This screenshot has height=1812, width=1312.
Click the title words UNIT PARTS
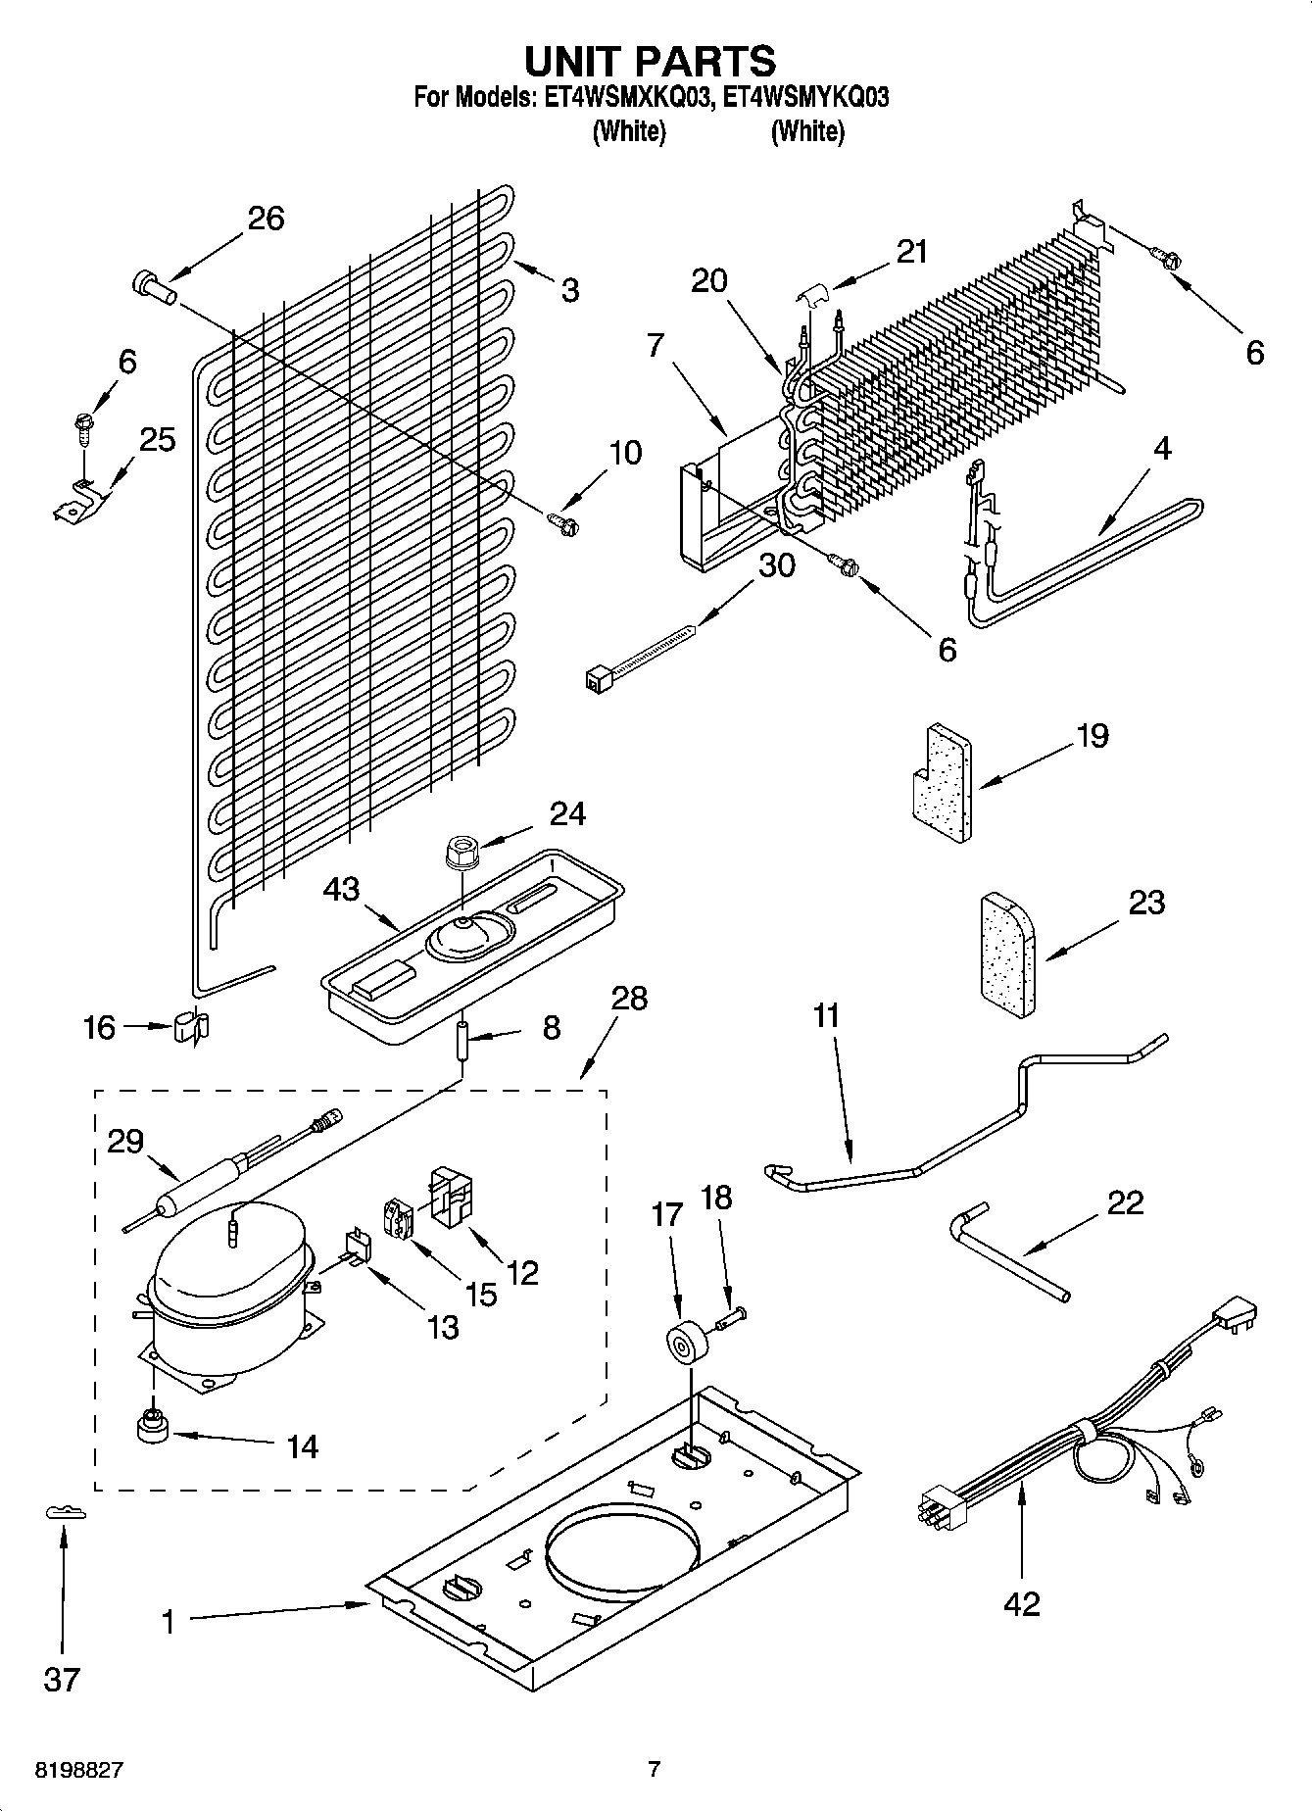651,61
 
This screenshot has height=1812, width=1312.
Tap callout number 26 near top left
266,218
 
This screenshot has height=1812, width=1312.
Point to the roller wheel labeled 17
683,1342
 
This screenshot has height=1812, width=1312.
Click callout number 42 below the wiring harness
1021,1603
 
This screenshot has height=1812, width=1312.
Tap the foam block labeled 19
939,783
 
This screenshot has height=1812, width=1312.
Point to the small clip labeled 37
66,1513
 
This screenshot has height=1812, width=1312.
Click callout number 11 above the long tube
826,1015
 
